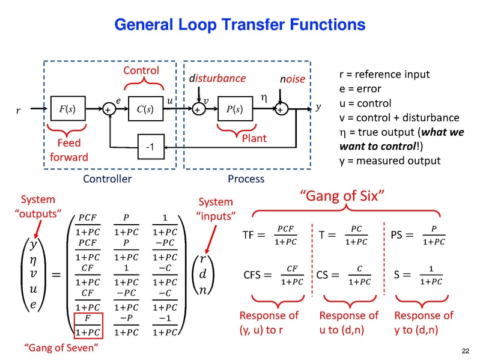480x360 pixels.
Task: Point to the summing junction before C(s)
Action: click(109, 110)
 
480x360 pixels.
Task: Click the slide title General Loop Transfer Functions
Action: click(240, 25)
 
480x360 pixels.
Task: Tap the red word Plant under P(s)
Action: click(254, 139)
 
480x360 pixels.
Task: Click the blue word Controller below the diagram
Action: click(108, 179)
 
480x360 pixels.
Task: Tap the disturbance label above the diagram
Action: click(217, 79)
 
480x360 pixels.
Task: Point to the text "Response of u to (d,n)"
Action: click(348, 322)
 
